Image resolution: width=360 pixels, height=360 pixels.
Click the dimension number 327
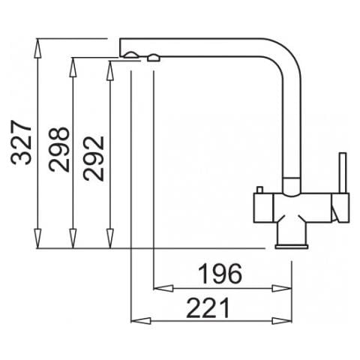tap(22, 142)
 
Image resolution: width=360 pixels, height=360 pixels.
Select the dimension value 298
tap(59, 149)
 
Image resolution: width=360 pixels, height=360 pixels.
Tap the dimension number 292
tap(93, 158)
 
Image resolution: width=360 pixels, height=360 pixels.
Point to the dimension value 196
tap(220, 274)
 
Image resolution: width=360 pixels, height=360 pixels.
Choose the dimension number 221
tap(208, 307)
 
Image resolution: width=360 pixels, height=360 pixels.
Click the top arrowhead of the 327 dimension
tap(37, 49)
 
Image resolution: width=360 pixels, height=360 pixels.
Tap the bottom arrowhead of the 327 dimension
tap(37, 238)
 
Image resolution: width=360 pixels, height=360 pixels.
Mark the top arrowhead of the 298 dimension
tap(73, 67)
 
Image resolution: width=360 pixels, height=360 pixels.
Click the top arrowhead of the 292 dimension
tap(110, 70)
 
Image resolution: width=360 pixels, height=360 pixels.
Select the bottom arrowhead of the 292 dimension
tap(110, 238)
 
